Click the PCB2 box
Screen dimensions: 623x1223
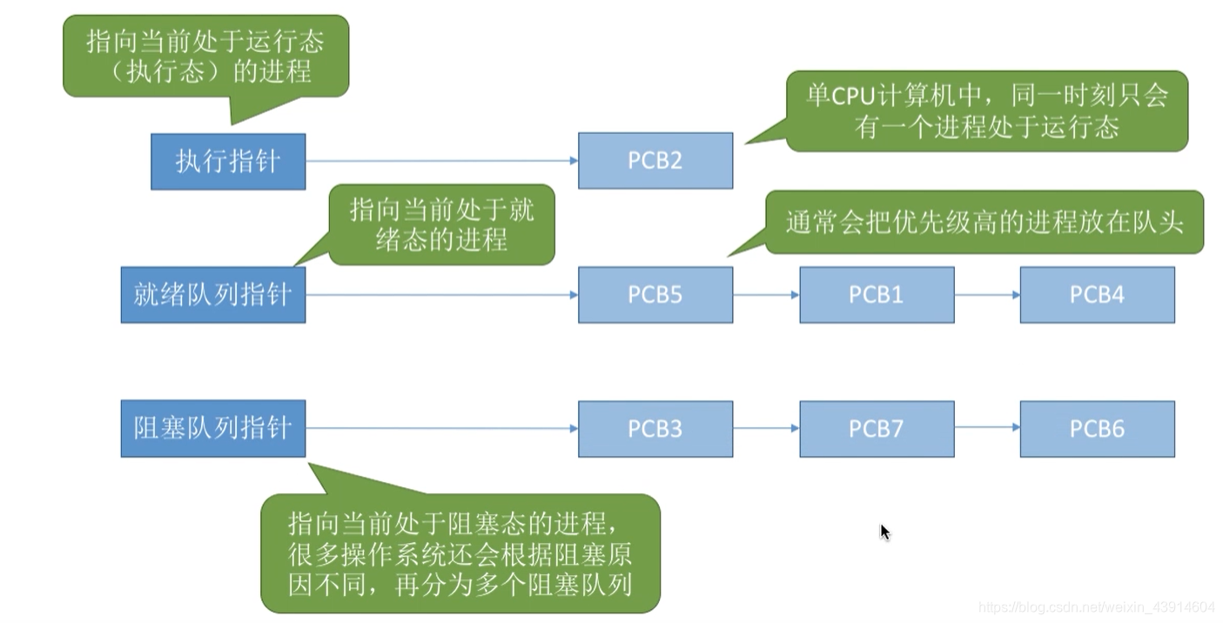[x=655, y=161]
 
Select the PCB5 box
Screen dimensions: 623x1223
[x=655, y=295]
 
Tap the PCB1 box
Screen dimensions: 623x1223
[x=876, y=295]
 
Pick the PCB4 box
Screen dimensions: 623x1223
[x=1097, y=295]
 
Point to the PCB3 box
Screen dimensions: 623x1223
[x=655, y=429]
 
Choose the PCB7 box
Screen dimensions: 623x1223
[x=876, y=429]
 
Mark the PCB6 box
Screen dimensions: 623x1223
[x=1097, y=429]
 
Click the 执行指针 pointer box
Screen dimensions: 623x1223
[x=228, y=161]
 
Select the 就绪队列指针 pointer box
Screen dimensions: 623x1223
[x=212, y=295]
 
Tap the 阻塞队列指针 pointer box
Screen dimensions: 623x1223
[x=212, y=429]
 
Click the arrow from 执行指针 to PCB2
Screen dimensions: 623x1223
[x=441, y=161]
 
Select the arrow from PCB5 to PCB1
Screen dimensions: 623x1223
[x=766, y=295]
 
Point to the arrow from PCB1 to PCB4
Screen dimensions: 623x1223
[x=987, y=295]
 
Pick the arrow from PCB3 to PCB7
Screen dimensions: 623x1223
[x=766, y=428]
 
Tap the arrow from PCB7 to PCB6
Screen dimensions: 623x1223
[x=987, y=428]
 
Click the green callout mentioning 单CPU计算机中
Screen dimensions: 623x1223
[x=986, y=111]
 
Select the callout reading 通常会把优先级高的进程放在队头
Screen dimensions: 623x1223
[x=984, y=223]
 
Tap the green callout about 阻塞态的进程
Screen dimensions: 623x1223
[x=460, y=553]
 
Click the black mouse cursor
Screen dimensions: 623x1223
[x=884, y=532]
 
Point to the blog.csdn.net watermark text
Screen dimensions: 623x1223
[x=1096, y=606]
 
